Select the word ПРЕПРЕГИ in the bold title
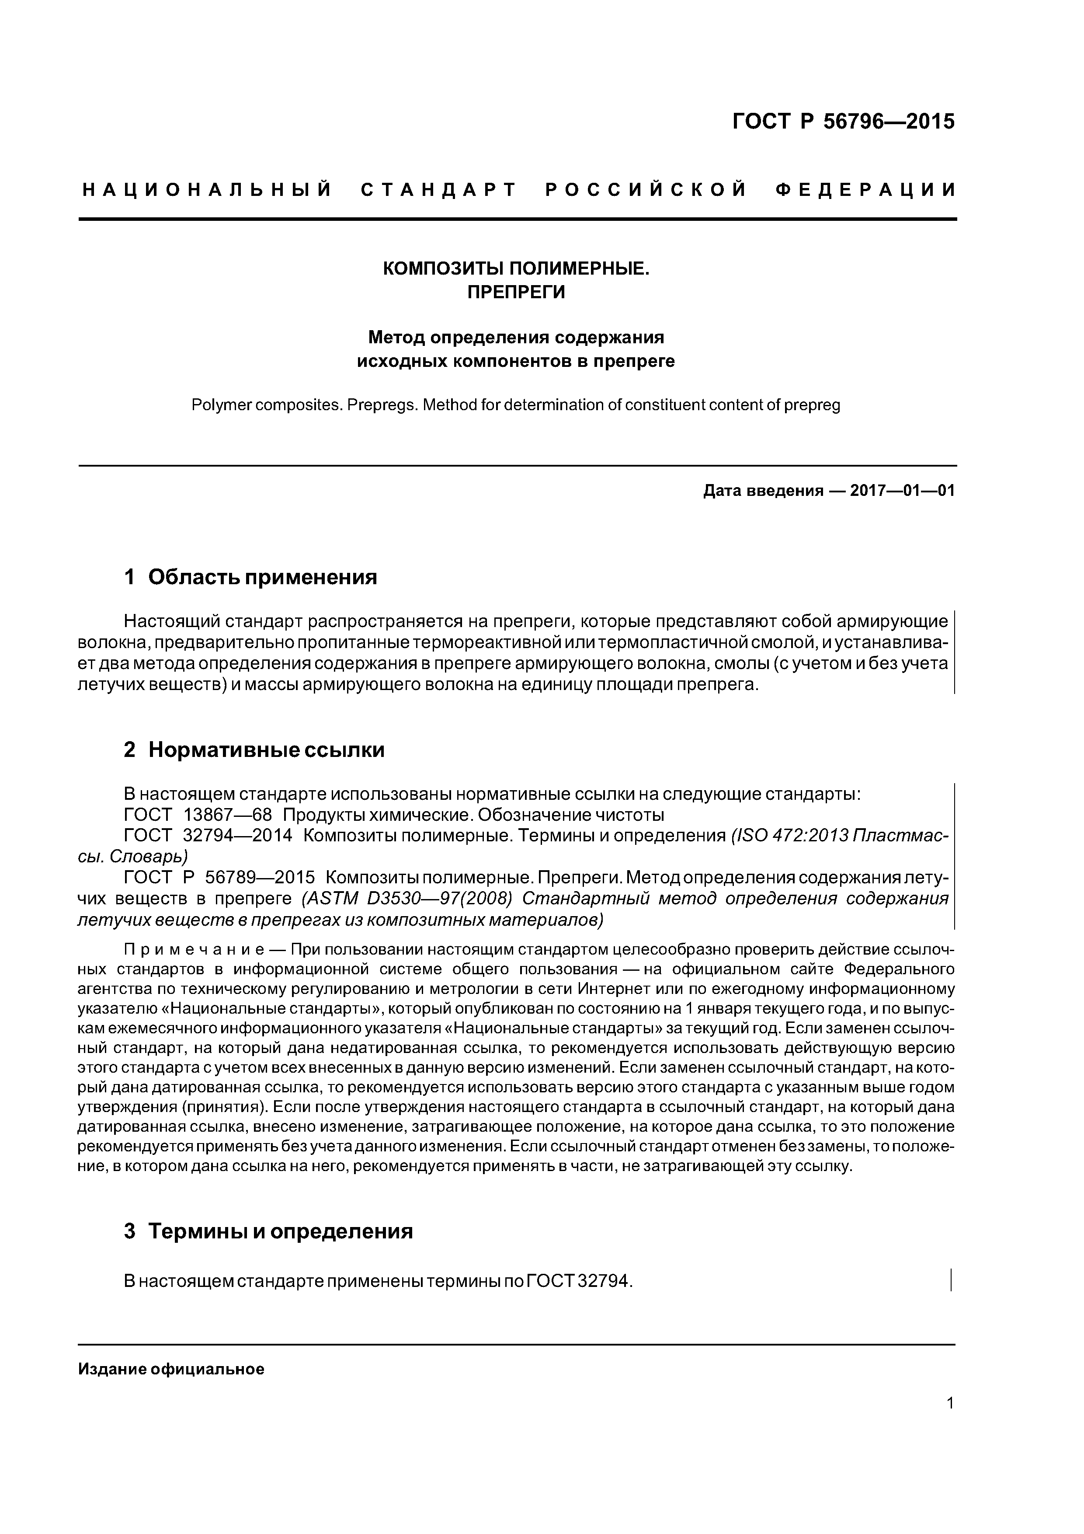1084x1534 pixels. click(x=516, y=293)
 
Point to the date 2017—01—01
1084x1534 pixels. click(x=902, y=491)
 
